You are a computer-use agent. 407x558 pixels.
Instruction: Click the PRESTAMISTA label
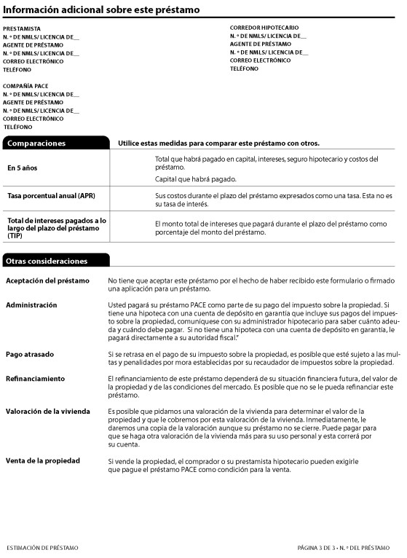[21, 28]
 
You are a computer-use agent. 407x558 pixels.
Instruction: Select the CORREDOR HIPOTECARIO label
[264, 28]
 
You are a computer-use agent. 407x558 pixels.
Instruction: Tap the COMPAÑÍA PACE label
[25, 86]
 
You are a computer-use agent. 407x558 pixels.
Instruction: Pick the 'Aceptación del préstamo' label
[47, 280]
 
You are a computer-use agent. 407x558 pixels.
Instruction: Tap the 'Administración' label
[31, 304]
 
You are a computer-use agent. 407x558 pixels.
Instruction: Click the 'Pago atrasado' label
[30, 353]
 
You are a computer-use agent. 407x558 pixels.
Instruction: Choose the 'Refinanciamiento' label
[35, 379]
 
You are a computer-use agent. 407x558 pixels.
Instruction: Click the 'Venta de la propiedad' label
[43, 461]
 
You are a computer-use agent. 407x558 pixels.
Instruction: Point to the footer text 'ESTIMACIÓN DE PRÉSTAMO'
[42, 546]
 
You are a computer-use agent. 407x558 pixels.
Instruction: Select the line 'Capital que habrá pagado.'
[196, 179]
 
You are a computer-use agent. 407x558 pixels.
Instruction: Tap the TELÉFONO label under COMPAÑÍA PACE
[17, 127]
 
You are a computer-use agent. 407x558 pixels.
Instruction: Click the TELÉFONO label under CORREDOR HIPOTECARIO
[245, 68]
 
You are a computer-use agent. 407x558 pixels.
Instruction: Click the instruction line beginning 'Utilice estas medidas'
[218, 144]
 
